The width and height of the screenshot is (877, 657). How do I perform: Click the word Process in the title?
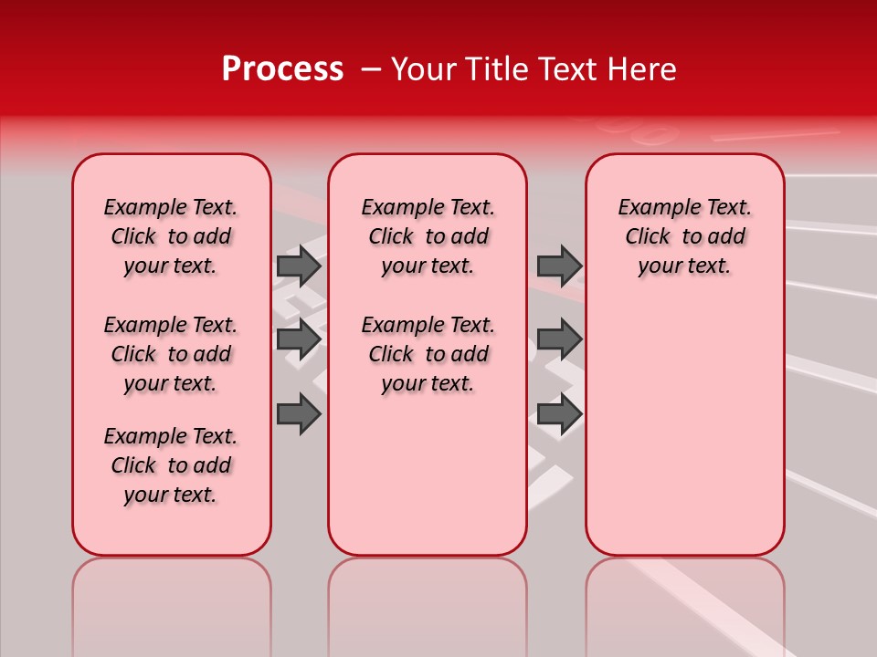click(282, 69)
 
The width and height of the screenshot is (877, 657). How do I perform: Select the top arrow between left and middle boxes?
click(299, 266)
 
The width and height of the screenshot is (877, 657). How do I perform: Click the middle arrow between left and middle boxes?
click(299, 339)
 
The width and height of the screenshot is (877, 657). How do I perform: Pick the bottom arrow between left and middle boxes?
click(299, 413)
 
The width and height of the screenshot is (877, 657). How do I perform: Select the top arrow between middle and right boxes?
click(559, 266)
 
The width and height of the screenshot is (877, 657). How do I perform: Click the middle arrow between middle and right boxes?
click(559, 339)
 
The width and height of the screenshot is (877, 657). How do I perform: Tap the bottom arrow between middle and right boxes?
click(559, 413)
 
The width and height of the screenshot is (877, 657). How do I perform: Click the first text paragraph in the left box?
click(171, 236)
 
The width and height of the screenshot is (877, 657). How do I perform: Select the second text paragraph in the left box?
click(171, 354)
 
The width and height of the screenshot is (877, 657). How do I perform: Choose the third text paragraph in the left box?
click(171, 465)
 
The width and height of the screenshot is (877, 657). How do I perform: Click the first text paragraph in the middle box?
click(428, 236)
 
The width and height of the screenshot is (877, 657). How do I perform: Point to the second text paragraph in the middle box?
click(428, 354)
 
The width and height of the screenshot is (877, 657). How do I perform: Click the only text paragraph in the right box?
click(684, 236)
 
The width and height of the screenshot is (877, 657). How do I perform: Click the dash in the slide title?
click(370, 70)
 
